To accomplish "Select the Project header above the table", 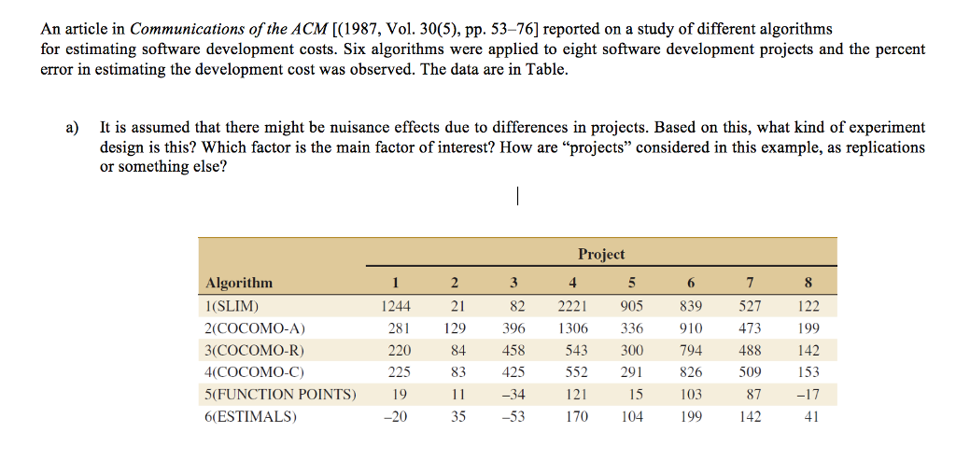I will pyautogui.click(x=601, y=254).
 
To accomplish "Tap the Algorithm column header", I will pyautogui.click(x=239, y=284).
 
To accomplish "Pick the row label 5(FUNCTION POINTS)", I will pyautogui.click(x=280, y=395).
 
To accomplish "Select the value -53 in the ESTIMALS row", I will pyautogui.click(x=512, y=417).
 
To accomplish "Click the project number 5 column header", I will pyautogui.click(x=632, y=284).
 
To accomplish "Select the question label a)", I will pyautogui.click(x=72, y=127).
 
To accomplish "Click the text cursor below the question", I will pyautogui.click(x=516, y=197).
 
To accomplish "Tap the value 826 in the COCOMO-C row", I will pyautogui.click(x=690, y=373).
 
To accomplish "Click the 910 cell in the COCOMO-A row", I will pyautogui.click(x=690, y=328).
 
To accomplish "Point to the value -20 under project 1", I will pyautogui.click(x=396, y=417).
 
